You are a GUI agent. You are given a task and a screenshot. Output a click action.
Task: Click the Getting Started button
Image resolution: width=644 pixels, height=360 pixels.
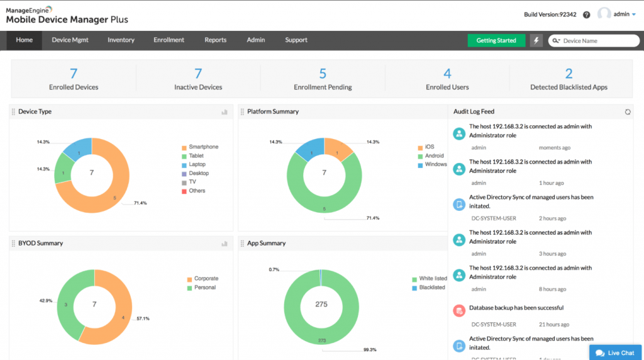click(x=496, y=40)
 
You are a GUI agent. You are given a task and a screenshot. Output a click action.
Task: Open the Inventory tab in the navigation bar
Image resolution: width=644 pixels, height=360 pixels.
click(x=121, y=40)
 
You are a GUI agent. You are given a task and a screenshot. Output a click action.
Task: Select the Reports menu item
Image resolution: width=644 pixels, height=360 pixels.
click(x=215, y=40)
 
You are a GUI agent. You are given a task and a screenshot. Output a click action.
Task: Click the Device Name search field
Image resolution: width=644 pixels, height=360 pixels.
click(x=597, y=41)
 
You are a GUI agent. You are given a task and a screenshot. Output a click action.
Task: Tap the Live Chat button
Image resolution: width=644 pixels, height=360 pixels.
click(x=615, y=353)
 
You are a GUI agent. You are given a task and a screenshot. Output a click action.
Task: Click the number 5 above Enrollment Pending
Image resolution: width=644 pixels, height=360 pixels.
click(x=323, y=74)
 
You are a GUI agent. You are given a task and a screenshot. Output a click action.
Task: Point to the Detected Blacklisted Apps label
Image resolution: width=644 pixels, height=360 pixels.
click(x=569, y=87)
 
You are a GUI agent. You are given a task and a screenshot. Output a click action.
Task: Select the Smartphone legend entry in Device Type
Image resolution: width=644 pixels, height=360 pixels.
click(x=203, y=147)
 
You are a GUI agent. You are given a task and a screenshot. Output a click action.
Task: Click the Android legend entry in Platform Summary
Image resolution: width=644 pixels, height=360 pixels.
click(x=434, y=155)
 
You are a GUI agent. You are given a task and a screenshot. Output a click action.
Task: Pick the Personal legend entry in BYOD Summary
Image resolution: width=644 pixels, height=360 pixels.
click(x=204, y=288)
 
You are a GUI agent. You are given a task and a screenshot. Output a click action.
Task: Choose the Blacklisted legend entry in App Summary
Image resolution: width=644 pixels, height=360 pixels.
click(x=431, y=288)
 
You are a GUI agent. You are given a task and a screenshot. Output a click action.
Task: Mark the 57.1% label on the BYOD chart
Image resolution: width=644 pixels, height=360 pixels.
click(x=143, y=318)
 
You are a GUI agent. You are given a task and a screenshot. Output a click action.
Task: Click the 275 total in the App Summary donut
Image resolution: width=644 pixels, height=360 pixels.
click(x=321, y=304)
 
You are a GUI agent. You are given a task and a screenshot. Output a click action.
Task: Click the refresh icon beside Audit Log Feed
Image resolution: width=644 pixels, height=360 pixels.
click(x=627, y=112)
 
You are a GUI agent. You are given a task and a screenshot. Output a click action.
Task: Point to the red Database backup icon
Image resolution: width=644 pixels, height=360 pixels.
click(x=459, y=310)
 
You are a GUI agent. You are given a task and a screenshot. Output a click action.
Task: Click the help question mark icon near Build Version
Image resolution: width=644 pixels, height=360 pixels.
click(x=586, y=14)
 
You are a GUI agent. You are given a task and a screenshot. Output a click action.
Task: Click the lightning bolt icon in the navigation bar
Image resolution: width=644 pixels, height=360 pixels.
click(x=536, y=40)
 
